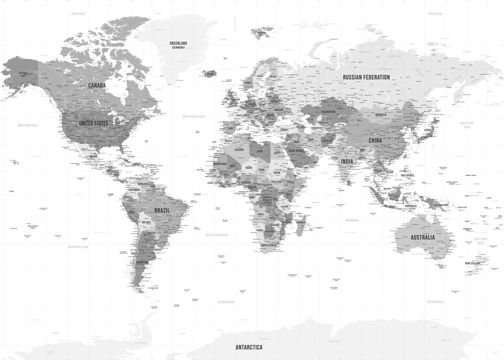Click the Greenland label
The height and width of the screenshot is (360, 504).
[178, 43]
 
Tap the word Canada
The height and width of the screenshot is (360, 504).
[97, 85]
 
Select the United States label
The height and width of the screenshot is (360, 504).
[93, 123]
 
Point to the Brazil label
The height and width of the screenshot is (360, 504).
[162, 210]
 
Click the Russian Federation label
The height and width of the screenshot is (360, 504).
[366, 77]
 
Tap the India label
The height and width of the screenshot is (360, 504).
[347, 161]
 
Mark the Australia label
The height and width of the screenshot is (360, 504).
[423, 237]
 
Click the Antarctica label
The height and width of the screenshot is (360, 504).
[249, 347]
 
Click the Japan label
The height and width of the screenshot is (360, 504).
[427, 130]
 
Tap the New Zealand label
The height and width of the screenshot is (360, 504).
[472, 263]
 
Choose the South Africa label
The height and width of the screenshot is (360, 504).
[268, 245]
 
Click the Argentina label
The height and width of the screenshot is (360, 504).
[142, 263]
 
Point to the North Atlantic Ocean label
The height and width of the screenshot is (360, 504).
[194, 116]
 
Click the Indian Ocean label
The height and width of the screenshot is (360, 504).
[352, 220]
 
